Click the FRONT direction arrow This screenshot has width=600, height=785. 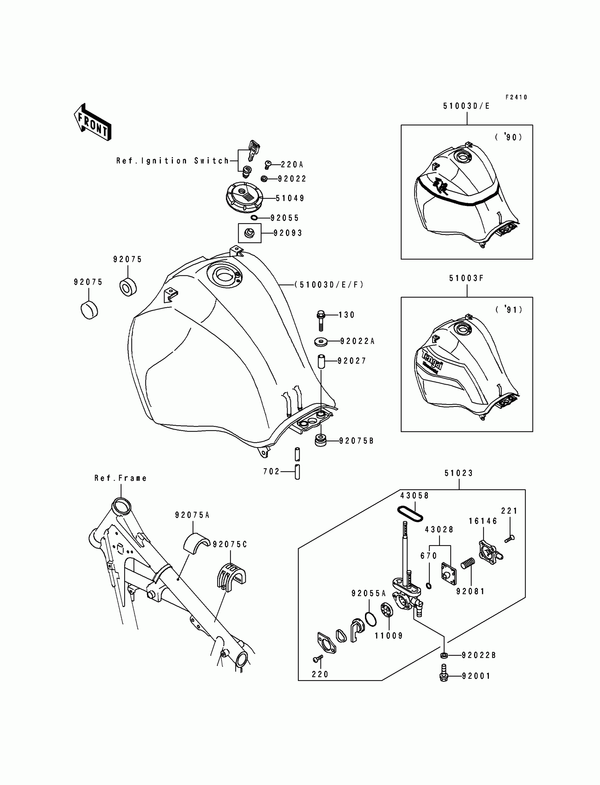click(x=92, y=123)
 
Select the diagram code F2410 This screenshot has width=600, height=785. click(x=516, y=97)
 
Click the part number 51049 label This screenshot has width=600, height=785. click(x=290, y=198)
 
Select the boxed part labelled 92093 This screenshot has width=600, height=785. click(x=249, y=233)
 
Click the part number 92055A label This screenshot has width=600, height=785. click(x=368, y=594)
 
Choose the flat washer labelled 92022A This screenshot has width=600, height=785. click(x=322, y=341)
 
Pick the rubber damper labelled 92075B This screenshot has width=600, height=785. click(x=321, y=440)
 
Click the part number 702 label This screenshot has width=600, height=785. click(x=271, y=472)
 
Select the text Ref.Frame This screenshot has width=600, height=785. click(x=120, y=478)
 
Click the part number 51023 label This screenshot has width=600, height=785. click(x=458, y=474)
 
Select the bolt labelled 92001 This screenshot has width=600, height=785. click(x=444, y=675)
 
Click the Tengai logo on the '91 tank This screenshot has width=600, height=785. click(x=432, y=361)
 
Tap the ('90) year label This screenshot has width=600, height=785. click(x=509, y=137)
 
